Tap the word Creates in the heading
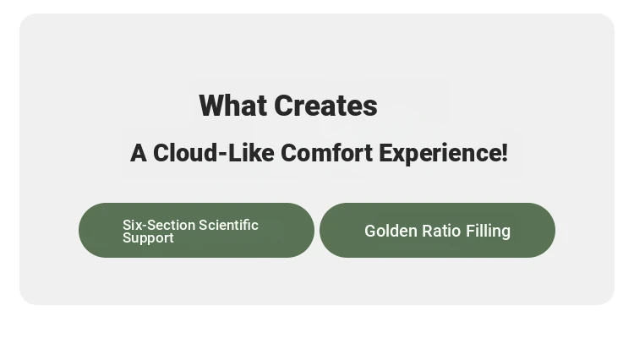point(326,106)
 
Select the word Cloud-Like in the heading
point(214,153)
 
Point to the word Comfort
point(326,153)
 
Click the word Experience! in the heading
point(443,154)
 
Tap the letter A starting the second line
point(139,153)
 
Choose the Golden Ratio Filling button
point(437,231)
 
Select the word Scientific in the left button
point(228,225)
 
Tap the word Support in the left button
point(148,238)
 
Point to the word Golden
point(391,231)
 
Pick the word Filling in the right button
point(488,232)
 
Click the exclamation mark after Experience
point(504,153)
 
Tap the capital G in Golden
point(370,231)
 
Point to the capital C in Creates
point(282,106)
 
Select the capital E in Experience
point(385,153)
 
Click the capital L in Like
point(234,153)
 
